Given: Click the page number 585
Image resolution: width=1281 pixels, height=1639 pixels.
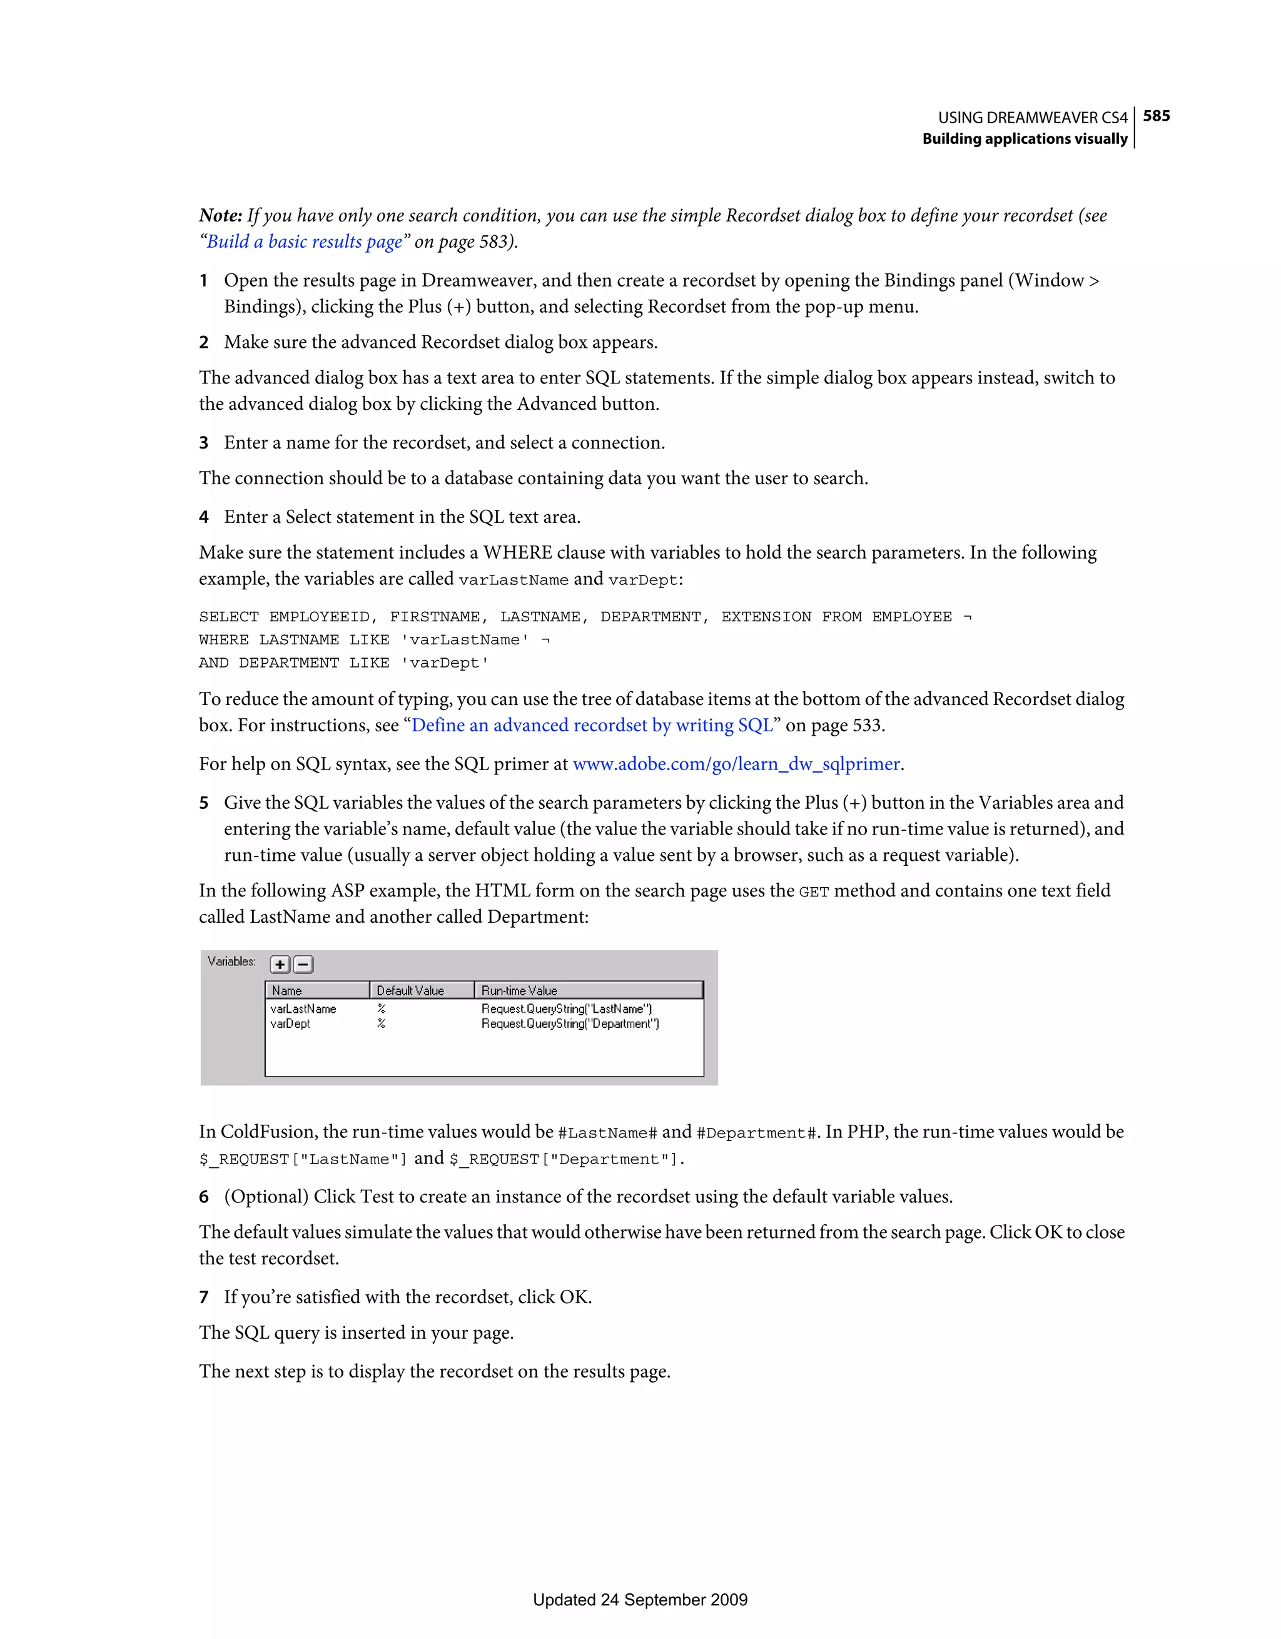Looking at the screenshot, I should [1156, 116].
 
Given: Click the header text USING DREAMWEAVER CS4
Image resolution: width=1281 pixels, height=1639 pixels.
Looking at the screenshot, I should [1032, 118].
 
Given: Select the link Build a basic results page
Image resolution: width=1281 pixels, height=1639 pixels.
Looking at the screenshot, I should [305, 241].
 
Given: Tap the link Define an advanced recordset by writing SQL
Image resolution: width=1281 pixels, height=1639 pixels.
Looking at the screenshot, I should [592, 726].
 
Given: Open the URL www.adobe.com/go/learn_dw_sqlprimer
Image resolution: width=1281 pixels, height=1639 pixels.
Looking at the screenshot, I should [736, 764].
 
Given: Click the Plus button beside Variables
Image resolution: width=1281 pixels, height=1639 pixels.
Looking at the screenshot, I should [280, 965].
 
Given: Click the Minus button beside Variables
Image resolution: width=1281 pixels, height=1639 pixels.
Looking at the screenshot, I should [303, 965].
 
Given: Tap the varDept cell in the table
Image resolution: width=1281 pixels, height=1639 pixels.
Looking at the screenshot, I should [290, 1023].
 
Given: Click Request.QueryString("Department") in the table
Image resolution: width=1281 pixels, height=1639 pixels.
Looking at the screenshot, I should [570, 1023].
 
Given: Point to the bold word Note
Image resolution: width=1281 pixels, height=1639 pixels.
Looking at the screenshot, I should [220, 215].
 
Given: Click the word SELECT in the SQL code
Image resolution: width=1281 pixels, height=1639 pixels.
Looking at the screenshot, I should [228, 617].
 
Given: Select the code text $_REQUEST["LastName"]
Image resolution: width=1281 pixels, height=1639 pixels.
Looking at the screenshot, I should [303, 1159].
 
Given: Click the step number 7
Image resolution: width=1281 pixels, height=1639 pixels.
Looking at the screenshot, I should [203, 1297].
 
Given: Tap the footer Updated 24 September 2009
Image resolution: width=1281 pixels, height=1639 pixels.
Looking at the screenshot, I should [640, 1600].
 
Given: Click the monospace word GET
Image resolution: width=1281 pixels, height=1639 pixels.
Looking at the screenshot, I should [814, 892].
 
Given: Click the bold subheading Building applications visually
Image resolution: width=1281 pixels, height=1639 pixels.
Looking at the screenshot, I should [1025, 139].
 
